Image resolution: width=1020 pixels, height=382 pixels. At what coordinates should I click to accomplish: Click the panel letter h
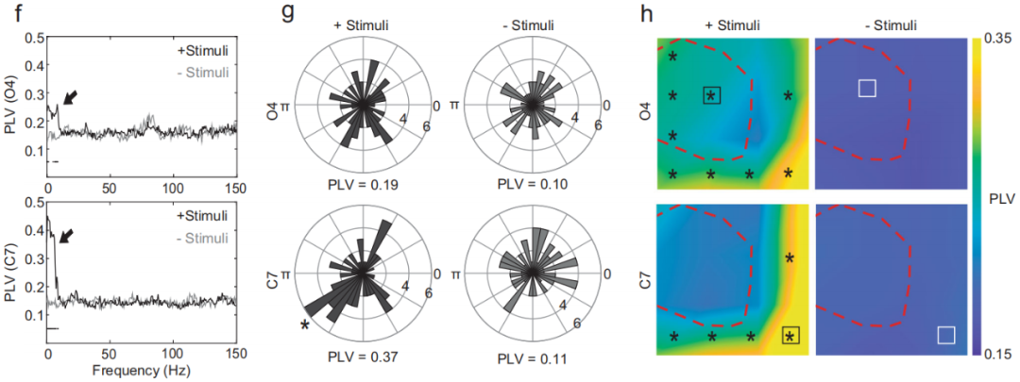[x=648, y=12]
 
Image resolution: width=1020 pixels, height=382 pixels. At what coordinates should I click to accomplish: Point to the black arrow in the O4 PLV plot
[x=70, y=95]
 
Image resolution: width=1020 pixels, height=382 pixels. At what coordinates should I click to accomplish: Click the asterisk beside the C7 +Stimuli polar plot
[x=305, y=325]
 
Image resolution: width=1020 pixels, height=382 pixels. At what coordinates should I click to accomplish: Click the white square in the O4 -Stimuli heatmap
[x=867, y=88]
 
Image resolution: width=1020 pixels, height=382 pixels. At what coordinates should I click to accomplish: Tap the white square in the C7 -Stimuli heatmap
[x=945, y=335]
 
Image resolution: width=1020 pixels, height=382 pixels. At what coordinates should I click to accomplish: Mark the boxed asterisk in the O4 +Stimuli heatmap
[x=712, y=95]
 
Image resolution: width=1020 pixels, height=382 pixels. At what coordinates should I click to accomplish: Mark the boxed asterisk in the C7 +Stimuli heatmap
[x=790, y=336]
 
